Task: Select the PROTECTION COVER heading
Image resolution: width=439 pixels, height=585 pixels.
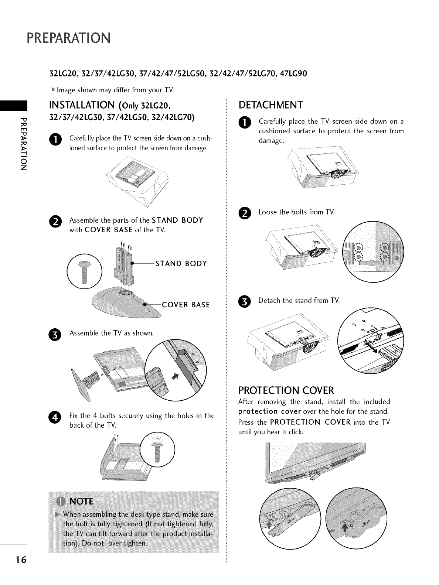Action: (x=286, y=390)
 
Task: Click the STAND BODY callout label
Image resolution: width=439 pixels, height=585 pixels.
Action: (x=181, y=264)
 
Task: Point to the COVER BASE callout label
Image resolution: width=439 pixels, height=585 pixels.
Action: (x=186, y=305)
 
